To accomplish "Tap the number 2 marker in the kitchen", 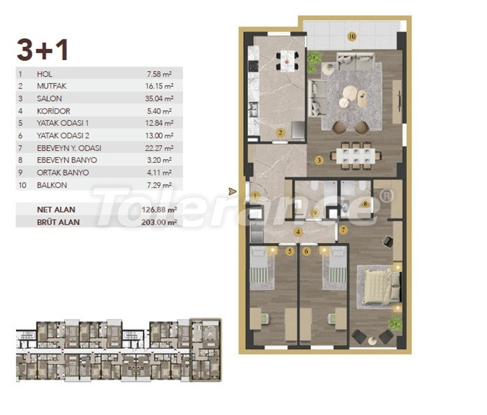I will tap(280, 132).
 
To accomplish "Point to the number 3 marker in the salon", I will tap(319, 160).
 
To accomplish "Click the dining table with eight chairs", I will tap(356, 155).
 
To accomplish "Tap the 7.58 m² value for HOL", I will tap(161, 73).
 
